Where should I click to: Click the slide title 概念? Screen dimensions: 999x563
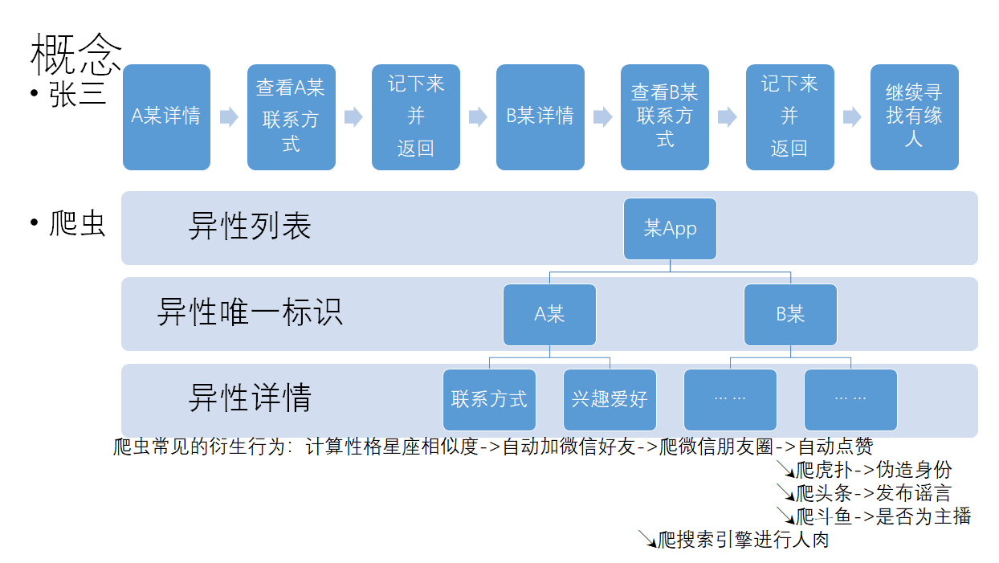[x=75, y=55]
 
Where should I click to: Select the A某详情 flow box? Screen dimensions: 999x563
[x=166, y=117]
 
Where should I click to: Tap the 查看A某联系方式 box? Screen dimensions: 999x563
[x=292, y=117]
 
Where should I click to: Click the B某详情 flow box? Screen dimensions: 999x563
[x=540, y=117]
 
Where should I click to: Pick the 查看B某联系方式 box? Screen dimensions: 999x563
[x=664, y=117]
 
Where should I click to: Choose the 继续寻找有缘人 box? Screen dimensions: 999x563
[x=914, y=117]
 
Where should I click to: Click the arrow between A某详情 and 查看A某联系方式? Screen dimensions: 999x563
[x=229, y=117]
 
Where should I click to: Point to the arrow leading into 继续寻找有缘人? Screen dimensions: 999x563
[x=852, y=117]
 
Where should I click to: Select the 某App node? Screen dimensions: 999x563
[x=670, y=229]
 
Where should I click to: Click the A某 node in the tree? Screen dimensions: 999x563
[x=549, y=315]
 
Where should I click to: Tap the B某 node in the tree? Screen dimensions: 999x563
[x=790, y=315]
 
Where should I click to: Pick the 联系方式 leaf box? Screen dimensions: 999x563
[x=489, y=400]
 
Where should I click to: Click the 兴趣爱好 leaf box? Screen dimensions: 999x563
[x=610, y=400]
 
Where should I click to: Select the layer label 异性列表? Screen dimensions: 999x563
[x=250, y=226]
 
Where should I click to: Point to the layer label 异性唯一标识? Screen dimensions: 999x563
[x=250, y=312]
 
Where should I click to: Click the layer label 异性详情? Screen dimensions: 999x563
[x=250, y=398]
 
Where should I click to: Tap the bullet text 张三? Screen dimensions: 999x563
[x=78, y=94]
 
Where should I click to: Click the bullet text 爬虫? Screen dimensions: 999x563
[x=78, y=223]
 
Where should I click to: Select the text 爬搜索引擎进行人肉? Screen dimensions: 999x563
[x=743, y=540]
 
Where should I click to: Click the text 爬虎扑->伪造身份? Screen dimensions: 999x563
[x=874, y=470]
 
